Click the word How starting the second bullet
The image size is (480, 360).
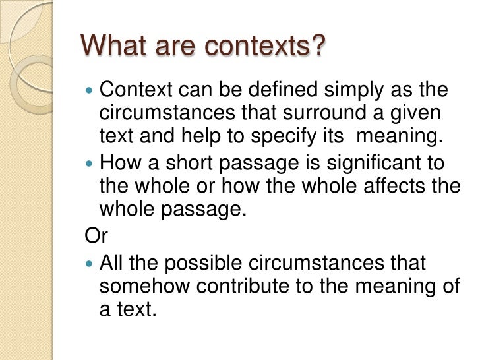[x=118, y=163]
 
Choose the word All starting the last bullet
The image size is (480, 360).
[x=111, y=262]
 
